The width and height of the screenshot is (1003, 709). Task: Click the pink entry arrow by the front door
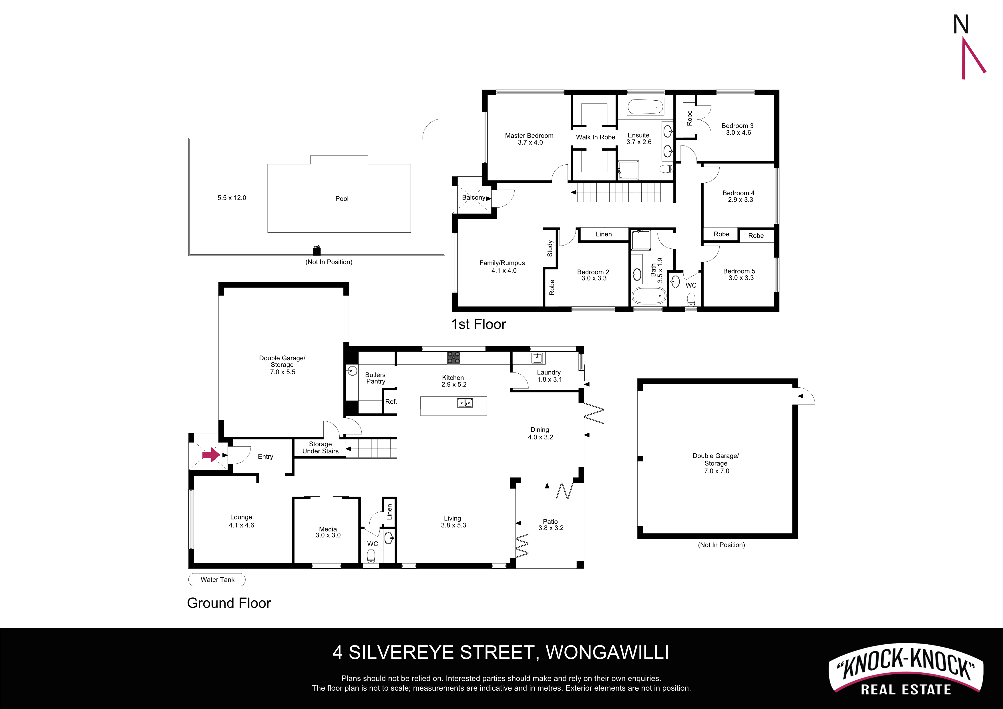(x=211, y=455)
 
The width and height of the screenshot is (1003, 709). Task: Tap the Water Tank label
(x=217, y=580)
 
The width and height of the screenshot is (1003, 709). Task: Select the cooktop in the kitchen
(x=453, y=358)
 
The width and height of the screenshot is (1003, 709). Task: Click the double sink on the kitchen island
(x=465, y=403)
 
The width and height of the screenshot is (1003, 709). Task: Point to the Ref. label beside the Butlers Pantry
(x=391, y=401)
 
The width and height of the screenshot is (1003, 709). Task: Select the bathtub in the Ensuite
(x=645, y=107)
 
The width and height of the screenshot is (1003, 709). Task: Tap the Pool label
(x=342, y=199)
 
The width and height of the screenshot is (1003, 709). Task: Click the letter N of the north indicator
(x=961, y=25)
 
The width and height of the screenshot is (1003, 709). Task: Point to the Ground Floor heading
(x=229, y=603)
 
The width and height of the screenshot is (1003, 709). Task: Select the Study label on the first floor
(x=550, y=248)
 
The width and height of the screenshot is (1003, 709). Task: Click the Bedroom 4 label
(x=738, y=193)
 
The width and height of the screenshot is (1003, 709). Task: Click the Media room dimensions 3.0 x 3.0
(x=328, y=535)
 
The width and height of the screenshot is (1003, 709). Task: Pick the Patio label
(x=550, y=521)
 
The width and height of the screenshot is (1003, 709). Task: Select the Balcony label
(x=473, y=198)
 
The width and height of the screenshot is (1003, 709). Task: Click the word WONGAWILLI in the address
(x=607, y=653)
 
